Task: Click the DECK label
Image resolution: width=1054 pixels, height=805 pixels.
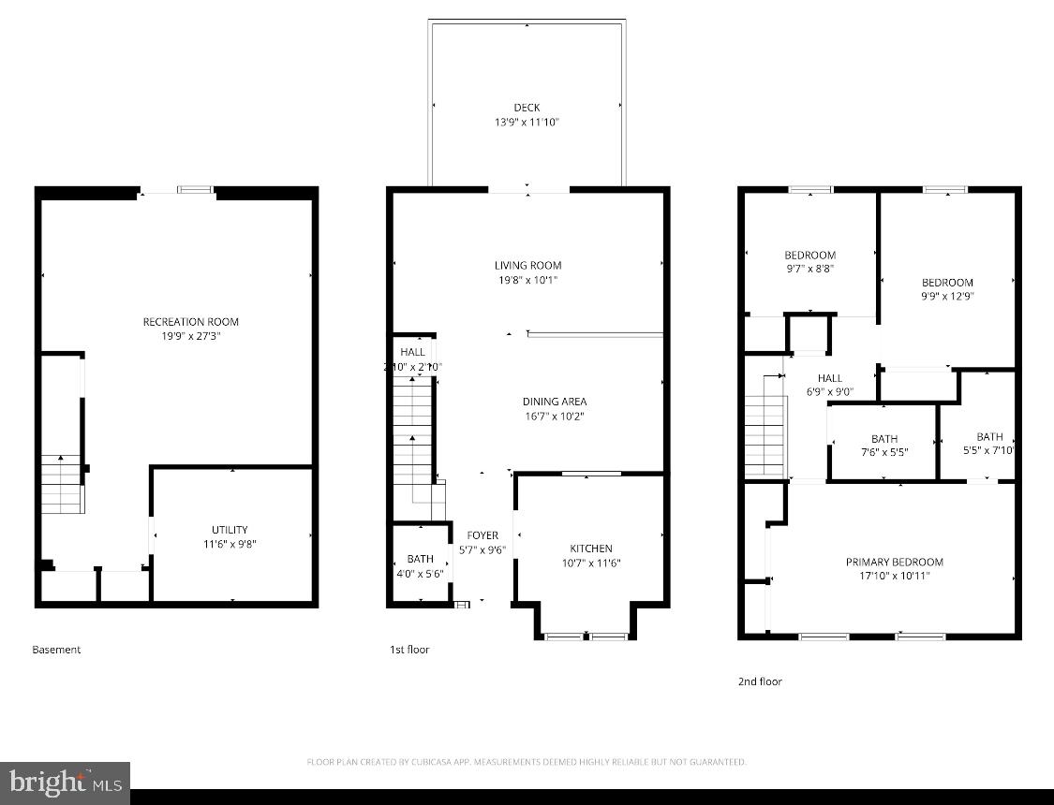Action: [527, 108]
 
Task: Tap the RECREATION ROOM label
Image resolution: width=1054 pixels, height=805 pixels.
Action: [190, 322]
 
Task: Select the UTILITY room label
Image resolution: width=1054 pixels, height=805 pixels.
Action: [230, 530]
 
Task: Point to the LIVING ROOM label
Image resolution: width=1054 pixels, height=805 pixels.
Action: [528, 266]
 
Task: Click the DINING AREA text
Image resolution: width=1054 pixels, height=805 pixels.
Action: [555, 402]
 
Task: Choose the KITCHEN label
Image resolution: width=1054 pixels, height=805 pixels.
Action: [591, 549]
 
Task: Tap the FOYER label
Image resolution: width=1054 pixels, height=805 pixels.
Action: [482, 535]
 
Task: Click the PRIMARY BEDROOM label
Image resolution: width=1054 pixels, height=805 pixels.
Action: [894, 562]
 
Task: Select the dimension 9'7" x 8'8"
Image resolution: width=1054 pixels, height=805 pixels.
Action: [809, 269]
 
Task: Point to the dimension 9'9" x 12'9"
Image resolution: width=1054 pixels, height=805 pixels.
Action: [947, 296]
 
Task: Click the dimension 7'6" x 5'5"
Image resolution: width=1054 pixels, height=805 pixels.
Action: [883, 452]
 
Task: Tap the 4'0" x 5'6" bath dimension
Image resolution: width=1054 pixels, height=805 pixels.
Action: [419, 574]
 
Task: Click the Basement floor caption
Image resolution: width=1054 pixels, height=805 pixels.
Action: [56, 650]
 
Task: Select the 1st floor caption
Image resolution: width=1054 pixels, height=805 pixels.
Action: [409, 650]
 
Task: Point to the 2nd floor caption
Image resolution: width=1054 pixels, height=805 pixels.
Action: [759, 681]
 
